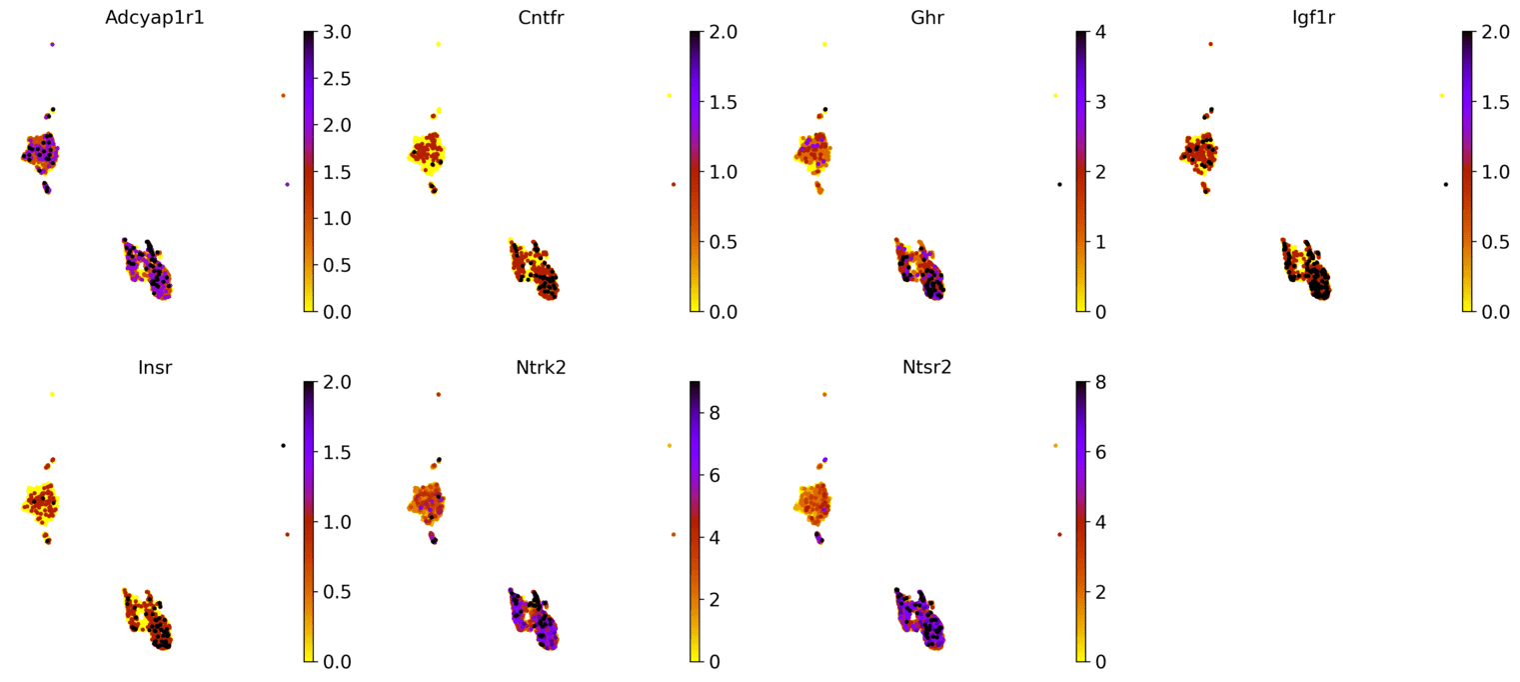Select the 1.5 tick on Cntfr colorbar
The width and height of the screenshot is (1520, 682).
tap(724, 102)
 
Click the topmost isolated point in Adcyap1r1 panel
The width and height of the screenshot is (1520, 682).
tap(52, 44)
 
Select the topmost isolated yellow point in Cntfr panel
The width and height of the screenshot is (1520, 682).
tap(438, 44)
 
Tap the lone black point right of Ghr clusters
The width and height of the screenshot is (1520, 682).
tap(1059, 184)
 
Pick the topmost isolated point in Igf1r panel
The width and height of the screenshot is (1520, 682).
tap(1210, 44)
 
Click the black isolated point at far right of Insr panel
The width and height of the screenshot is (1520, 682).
tap(283, 445)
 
